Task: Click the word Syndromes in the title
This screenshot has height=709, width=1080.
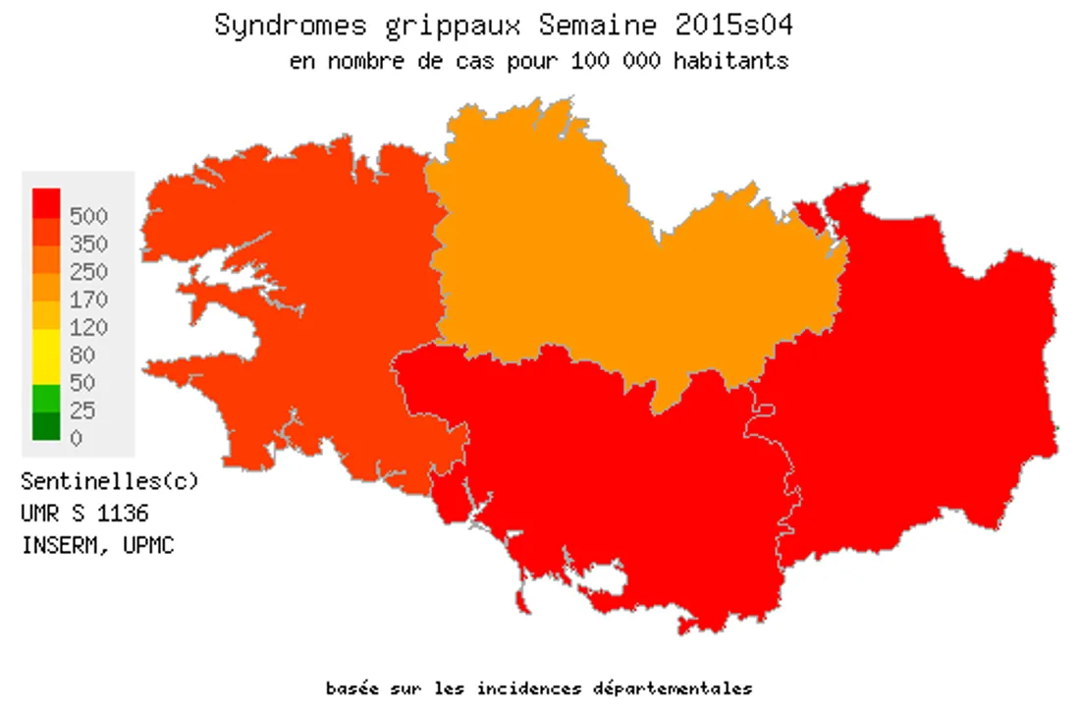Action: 276,26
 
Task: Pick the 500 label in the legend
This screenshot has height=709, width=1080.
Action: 89,216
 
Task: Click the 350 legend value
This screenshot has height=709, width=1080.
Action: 89,244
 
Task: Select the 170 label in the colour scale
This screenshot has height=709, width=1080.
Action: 89,300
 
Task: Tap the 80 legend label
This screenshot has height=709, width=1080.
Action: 83,355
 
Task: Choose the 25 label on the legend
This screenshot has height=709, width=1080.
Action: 83,410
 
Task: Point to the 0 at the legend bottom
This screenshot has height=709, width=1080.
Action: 77,438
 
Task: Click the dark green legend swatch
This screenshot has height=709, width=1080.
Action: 46,426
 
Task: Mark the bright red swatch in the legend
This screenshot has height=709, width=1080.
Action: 46,202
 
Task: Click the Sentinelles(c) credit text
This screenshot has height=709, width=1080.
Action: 109,482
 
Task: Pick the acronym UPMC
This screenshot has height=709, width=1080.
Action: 148,546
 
